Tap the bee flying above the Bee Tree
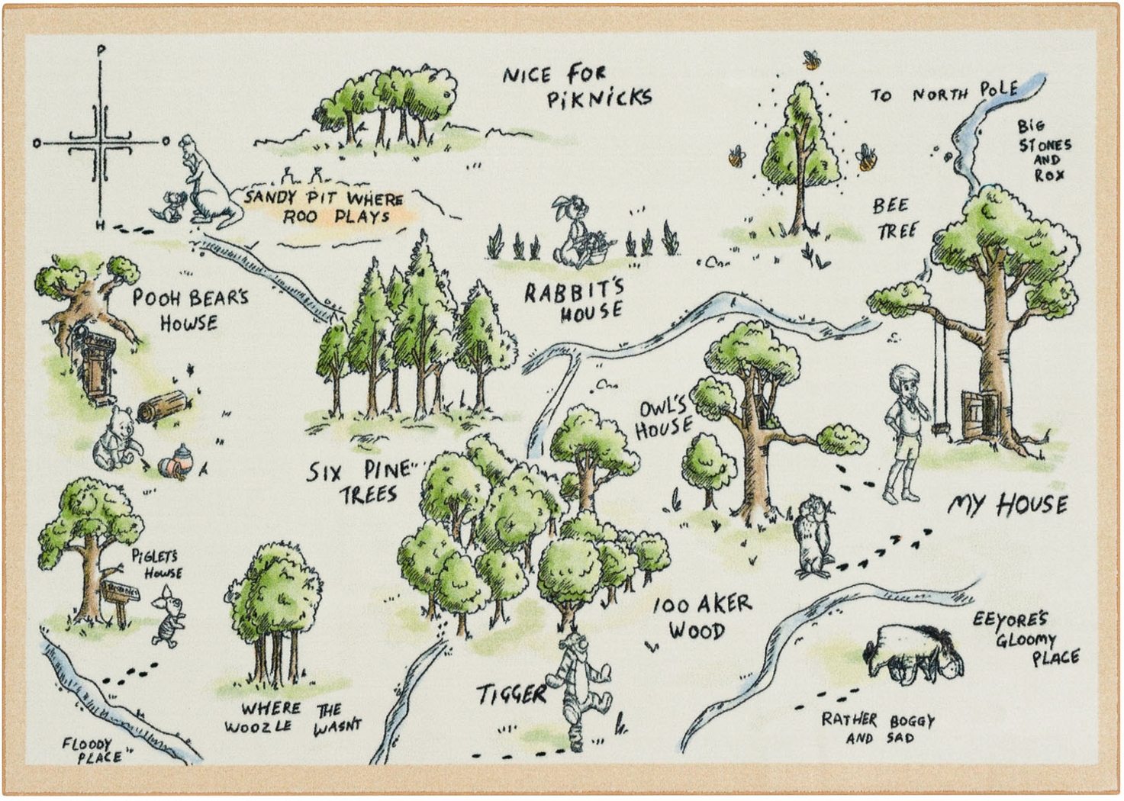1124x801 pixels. pyautogui.click(x=810, y=59)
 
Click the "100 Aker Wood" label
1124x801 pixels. pyautogui.click(x=700, y=617)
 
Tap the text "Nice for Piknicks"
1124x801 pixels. pyautogui.click(x=577, y=86)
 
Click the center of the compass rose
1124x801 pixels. pyautogui.click(x=100, y=142)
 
